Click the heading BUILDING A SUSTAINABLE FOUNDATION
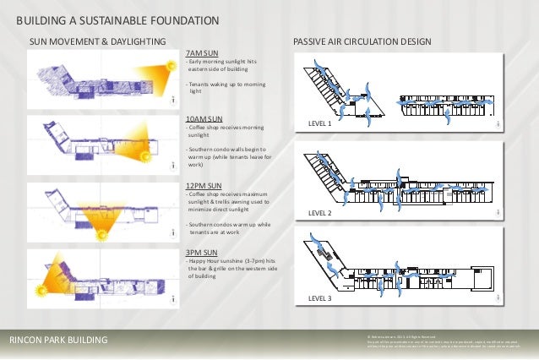tap(118, 19)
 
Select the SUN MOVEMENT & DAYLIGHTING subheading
tap(98, 41)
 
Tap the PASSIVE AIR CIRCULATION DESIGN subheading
tap(362, 41)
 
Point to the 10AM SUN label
tap(204, 118)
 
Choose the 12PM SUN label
tap(204, 185)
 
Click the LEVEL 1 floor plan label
tap(319, 124)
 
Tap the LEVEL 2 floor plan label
tap(319, 213)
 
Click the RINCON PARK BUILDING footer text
tap(58, 340)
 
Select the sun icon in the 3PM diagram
tap(39, 291)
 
